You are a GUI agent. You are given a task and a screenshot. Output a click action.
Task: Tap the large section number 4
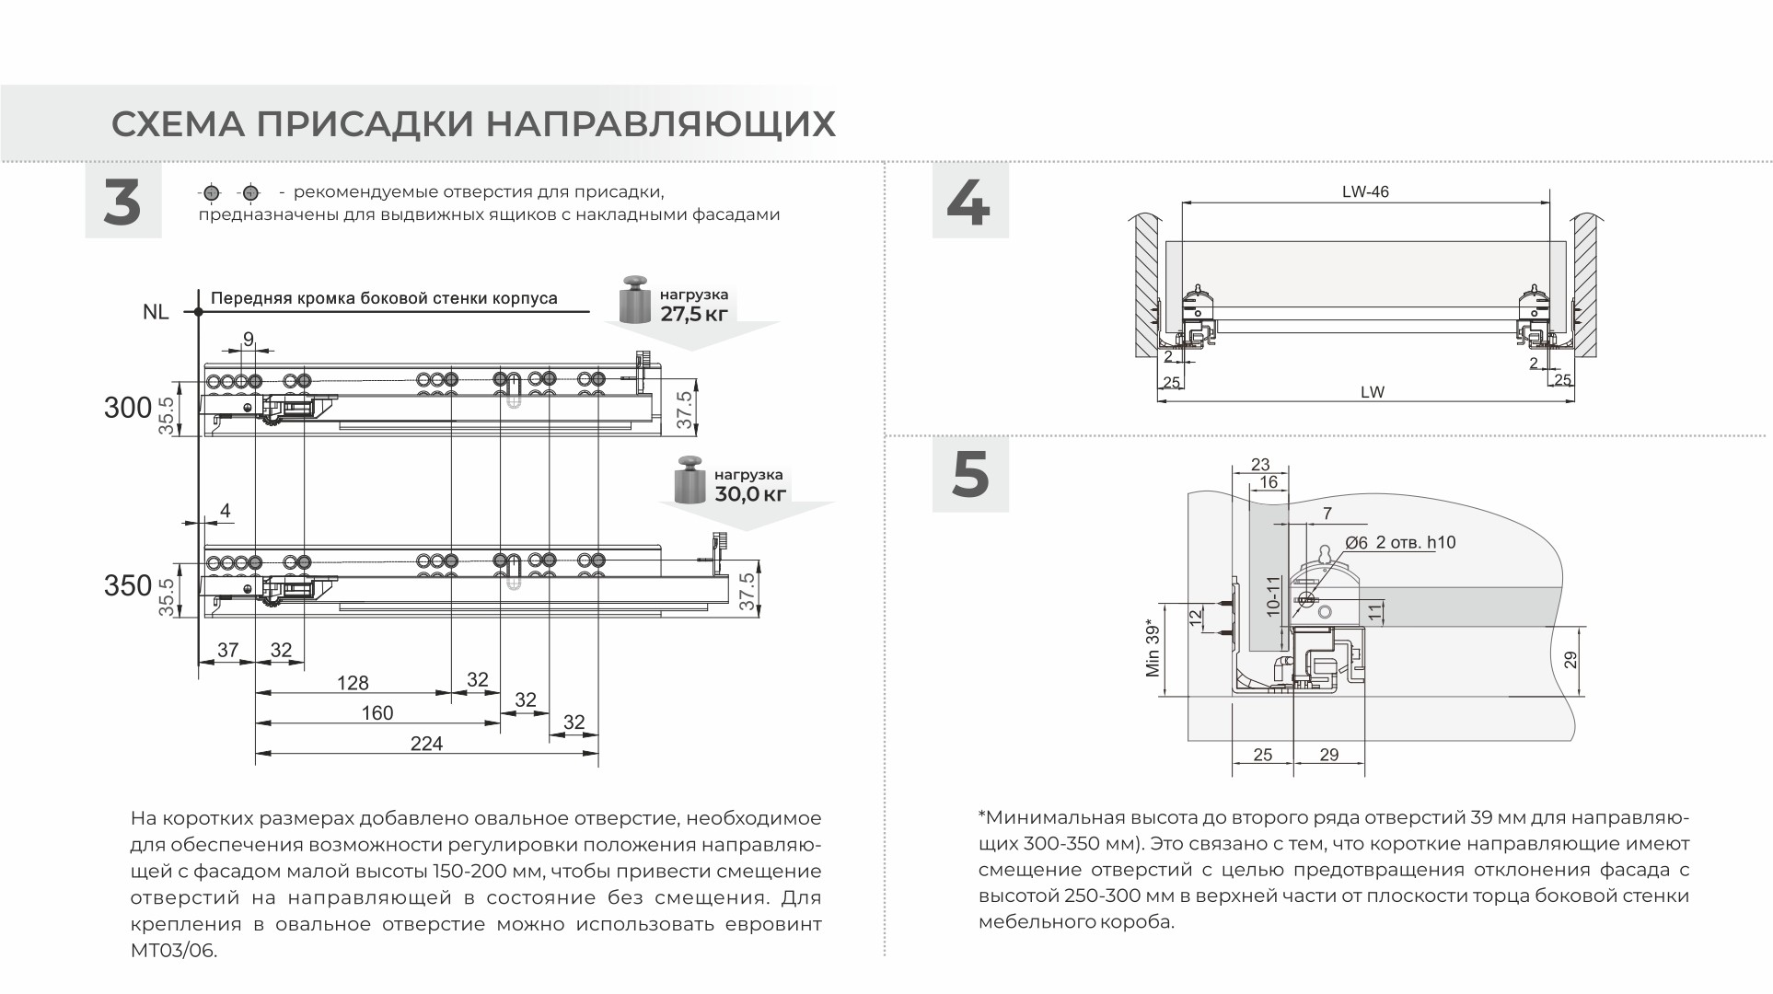[x=969, y=202]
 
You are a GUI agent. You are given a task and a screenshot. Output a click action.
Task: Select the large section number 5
[x=970, y=475]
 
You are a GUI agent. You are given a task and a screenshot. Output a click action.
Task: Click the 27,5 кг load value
[x=694, y=313]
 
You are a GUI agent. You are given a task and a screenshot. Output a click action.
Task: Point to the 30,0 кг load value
[x=750, y=493]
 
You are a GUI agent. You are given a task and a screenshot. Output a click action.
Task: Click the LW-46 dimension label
[x=1365, y=192]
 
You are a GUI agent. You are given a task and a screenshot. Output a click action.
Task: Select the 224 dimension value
[x=426, y=743]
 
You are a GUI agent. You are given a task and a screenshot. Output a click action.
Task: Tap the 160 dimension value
[x=377, y=712]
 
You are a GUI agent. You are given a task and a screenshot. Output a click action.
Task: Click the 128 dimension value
[x=353, y=683]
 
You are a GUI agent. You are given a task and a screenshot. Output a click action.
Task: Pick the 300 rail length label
[x=127, y=408]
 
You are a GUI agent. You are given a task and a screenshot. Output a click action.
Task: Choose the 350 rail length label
[x=127, y=585]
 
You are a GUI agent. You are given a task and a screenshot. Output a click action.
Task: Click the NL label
[x=156, y=312]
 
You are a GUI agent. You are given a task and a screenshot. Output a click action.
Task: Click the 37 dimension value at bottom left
[x=227, y=650]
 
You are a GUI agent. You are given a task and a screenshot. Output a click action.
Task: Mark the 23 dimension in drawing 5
[x=1260, y=465]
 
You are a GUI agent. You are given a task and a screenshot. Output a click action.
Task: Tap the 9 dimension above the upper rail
[x=249, y=340]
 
